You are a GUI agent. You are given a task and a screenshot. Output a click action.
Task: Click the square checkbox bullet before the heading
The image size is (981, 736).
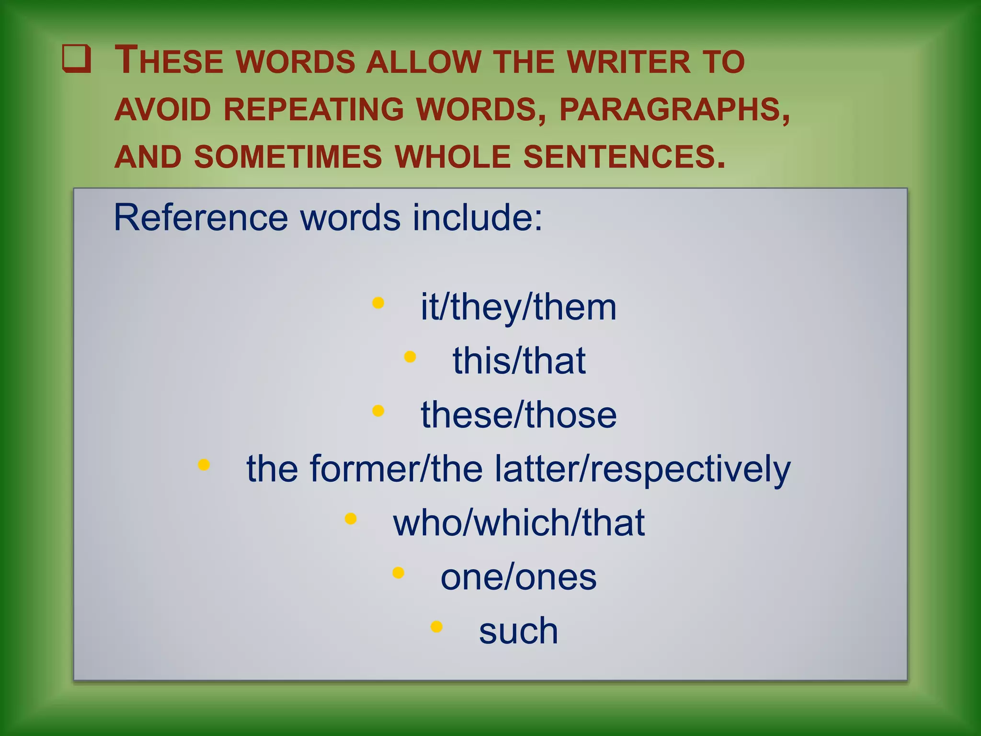coord(77,59)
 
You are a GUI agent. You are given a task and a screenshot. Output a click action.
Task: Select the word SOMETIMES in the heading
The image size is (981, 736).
coord(288,157)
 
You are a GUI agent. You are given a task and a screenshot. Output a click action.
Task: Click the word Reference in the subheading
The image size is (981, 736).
coord(201,218)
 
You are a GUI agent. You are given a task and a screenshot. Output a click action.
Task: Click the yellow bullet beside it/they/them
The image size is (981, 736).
coord(378,303)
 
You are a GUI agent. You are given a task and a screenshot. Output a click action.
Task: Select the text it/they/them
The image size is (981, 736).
coord(518,307)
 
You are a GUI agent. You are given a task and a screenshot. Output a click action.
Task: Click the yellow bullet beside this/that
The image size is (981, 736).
coord(410,356)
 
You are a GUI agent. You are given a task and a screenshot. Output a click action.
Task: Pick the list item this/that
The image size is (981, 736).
coord(519,361)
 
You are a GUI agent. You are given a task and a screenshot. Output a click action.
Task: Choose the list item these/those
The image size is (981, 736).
coord(519,415)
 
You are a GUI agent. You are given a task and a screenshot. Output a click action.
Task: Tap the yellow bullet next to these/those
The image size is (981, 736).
coord(378,411)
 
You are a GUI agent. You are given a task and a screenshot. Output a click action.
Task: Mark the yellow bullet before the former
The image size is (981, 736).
coord(204,465)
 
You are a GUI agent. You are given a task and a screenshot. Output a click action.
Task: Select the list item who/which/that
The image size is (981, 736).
coord(519,523)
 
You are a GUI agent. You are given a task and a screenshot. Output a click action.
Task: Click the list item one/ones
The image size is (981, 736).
coord(519,577)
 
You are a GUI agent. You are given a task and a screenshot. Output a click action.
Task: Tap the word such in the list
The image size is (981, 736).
coord(519,631)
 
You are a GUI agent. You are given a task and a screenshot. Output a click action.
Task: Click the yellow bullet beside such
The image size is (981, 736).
coord(436,627)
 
